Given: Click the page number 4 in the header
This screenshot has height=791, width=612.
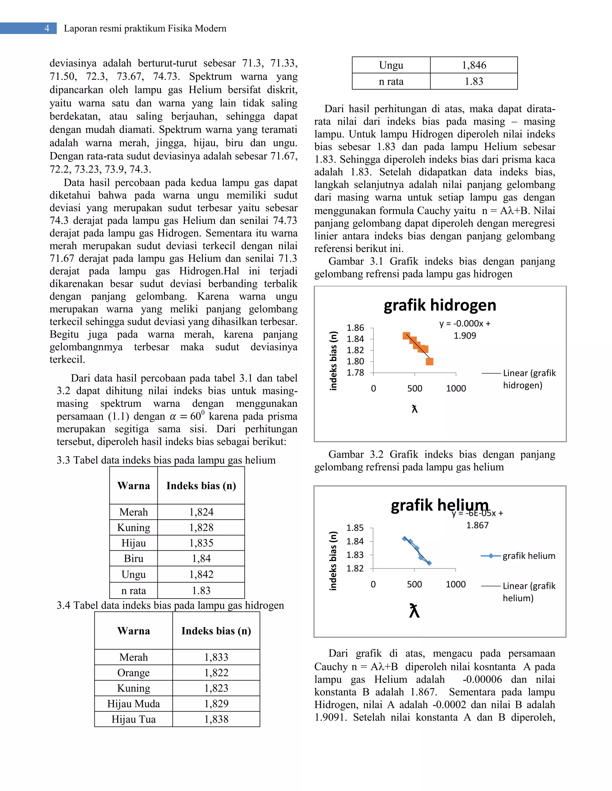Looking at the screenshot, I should [47, 28].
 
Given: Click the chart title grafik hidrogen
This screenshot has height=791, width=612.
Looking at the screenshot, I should [440, 305].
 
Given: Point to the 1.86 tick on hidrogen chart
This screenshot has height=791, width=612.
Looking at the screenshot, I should [355, 328].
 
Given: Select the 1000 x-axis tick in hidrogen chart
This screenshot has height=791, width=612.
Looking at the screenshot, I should [456, 388].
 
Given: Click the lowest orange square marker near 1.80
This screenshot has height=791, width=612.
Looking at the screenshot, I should [429, 361].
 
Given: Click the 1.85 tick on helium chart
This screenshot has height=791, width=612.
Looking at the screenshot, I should [355, 528].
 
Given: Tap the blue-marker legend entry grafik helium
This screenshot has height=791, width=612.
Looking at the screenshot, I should [528, 555].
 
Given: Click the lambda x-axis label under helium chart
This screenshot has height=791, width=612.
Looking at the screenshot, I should [414, 611].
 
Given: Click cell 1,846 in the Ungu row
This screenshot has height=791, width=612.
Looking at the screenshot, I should [474, 65].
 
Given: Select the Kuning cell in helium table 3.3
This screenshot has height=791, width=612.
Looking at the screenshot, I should [133, 527].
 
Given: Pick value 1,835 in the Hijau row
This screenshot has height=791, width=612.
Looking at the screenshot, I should [201, 543].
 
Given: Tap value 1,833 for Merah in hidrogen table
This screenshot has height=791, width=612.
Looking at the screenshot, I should [216, 657].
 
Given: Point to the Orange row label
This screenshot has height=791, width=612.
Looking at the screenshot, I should [133, 672].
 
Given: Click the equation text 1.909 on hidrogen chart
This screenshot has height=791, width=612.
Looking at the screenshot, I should [465, 336].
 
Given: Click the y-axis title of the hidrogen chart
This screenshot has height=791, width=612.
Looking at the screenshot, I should [333, 361].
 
